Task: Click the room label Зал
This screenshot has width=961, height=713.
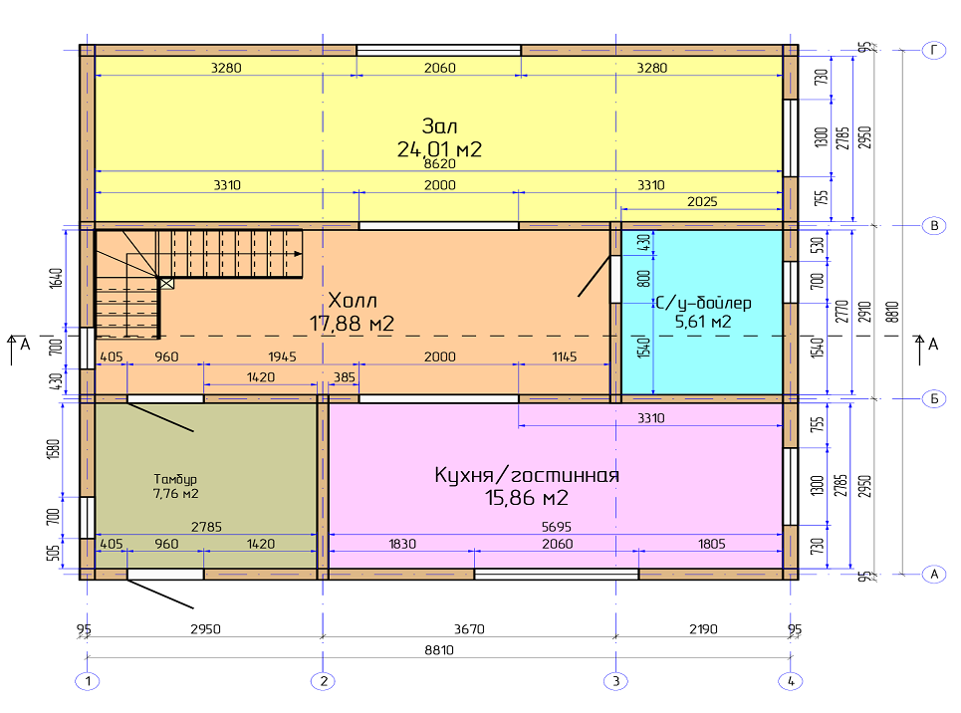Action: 439,126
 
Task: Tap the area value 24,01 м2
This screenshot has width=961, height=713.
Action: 439,149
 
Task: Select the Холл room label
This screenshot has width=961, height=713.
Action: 353,301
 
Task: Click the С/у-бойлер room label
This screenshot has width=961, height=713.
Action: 703,303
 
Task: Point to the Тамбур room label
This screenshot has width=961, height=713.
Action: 175,479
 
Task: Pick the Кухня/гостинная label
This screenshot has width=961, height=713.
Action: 527,475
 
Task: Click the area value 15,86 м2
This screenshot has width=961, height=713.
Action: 527,498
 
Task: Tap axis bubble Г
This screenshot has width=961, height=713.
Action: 934,50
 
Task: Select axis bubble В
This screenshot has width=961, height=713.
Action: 934,226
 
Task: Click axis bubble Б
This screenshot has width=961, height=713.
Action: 934,398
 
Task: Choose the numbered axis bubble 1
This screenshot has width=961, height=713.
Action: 88,681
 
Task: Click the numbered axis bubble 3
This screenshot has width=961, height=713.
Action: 616,681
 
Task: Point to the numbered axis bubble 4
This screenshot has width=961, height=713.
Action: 791,681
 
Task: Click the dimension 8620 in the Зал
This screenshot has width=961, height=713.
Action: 440,164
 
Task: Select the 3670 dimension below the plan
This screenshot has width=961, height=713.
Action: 469,629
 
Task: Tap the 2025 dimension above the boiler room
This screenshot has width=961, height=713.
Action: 702,202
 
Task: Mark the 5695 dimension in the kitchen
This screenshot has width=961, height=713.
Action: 557,527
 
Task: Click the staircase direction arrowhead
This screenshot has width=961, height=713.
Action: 298,253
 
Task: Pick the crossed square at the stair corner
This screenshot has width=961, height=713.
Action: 166,283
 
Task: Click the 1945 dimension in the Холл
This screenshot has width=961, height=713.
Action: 282,356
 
